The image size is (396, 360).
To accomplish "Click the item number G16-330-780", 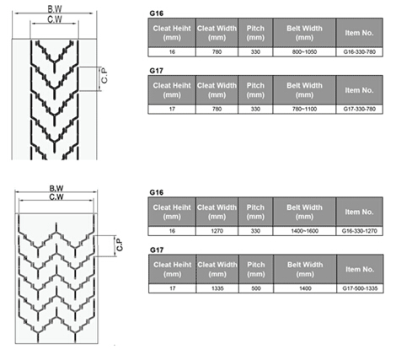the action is tap(359, 52).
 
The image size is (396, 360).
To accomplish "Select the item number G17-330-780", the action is tap(359, 109).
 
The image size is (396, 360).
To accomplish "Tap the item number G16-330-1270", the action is tap(359, 231).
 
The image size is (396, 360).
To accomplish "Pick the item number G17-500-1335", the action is tap(360, 288).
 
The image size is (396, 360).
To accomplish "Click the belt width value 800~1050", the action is tap(304, 52).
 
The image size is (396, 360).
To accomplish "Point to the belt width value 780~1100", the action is tap(304, 109).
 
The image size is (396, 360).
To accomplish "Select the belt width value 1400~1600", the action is tap(304, 231).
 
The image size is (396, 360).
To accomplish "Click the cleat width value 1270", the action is tap(217, 231).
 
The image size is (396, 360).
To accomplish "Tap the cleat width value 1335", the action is tap(217, 288).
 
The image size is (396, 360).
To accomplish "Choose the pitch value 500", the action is tap(256, 288).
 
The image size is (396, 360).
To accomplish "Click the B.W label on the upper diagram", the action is tap(55, 9).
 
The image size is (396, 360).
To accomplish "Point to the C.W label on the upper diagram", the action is tap(55, 19).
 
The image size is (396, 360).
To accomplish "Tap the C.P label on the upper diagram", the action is tap(104, 76).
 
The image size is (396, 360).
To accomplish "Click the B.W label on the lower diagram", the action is tap(56, 188).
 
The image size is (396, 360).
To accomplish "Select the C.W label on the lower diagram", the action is tap(56, 197).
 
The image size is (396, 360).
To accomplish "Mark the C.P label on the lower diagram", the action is tap(120, 244).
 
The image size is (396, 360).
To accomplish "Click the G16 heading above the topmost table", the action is tap(157, 13).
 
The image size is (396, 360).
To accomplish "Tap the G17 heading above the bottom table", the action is tap(157, 250).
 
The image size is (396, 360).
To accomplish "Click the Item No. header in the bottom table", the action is tap(360, 269).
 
